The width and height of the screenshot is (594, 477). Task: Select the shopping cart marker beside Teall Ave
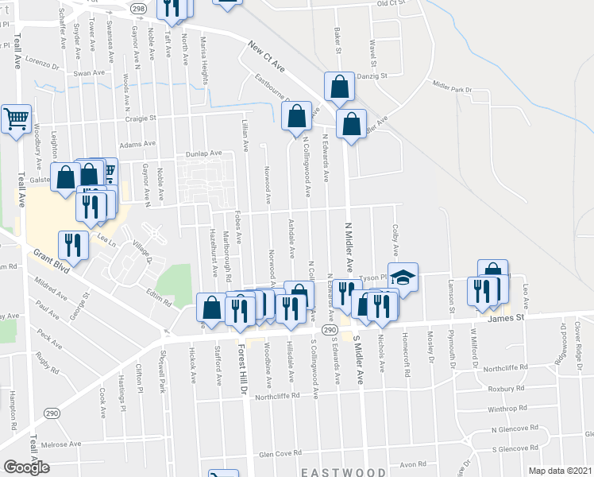16,119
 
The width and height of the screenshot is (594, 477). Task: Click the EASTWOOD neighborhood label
343,471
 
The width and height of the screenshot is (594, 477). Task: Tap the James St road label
507,317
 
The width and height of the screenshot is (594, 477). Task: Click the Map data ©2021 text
561,471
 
